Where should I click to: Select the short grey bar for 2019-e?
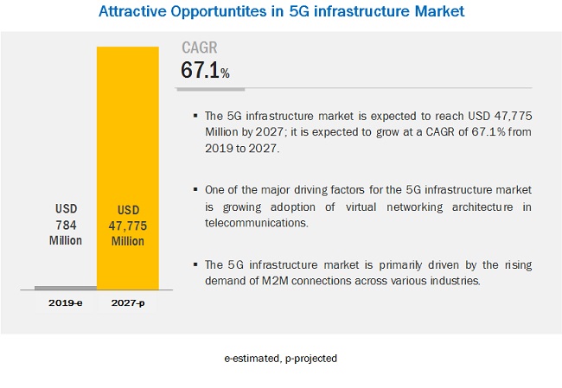(66, 288)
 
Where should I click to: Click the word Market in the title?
(437, 12)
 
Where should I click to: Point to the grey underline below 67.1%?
(213, 87)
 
